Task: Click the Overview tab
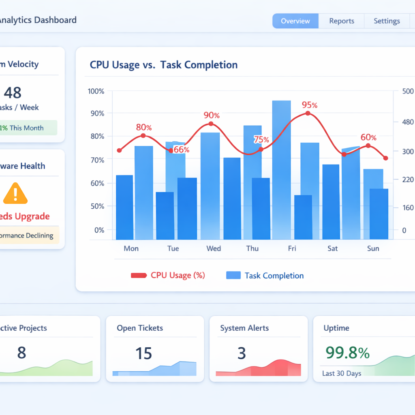(295, 21)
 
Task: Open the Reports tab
(342, 21)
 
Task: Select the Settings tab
(387, 21)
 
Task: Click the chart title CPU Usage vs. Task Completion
(164, 65)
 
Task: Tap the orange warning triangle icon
(15, 193)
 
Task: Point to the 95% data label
(309, 105)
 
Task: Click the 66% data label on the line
(181, 150)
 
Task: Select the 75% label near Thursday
(261, 140)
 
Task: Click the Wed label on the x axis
(214, 248)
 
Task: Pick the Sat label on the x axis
(333, 248)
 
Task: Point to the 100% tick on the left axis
(96, 92)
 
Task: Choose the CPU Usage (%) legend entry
(178, 276)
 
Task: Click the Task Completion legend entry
(274, 276)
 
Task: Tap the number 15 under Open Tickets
(143, 353)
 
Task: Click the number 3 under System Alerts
(242, 353)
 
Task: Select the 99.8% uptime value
(347, 353)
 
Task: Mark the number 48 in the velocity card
(13, 93)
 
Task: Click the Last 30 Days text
(342, 373)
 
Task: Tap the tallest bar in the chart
(281, 170)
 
